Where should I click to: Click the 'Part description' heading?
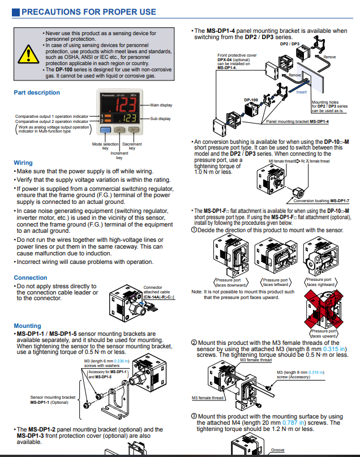(37, 92)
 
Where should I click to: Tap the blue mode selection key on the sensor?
(104, 130)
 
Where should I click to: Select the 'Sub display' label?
(160, 119)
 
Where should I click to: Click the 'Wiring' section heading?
(23, 163)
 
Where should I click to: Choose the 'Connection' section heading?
(31, 277)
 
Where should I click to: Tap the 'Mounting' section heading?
(27, 326)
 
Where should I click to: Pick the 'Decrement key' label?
(132, 146)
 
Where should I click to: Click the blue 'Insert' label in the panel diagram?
(302, 92)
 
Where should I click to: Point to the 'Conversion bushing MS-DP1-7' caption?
(329, 200)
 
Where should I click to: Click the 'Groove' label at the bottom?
(277, 450)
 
